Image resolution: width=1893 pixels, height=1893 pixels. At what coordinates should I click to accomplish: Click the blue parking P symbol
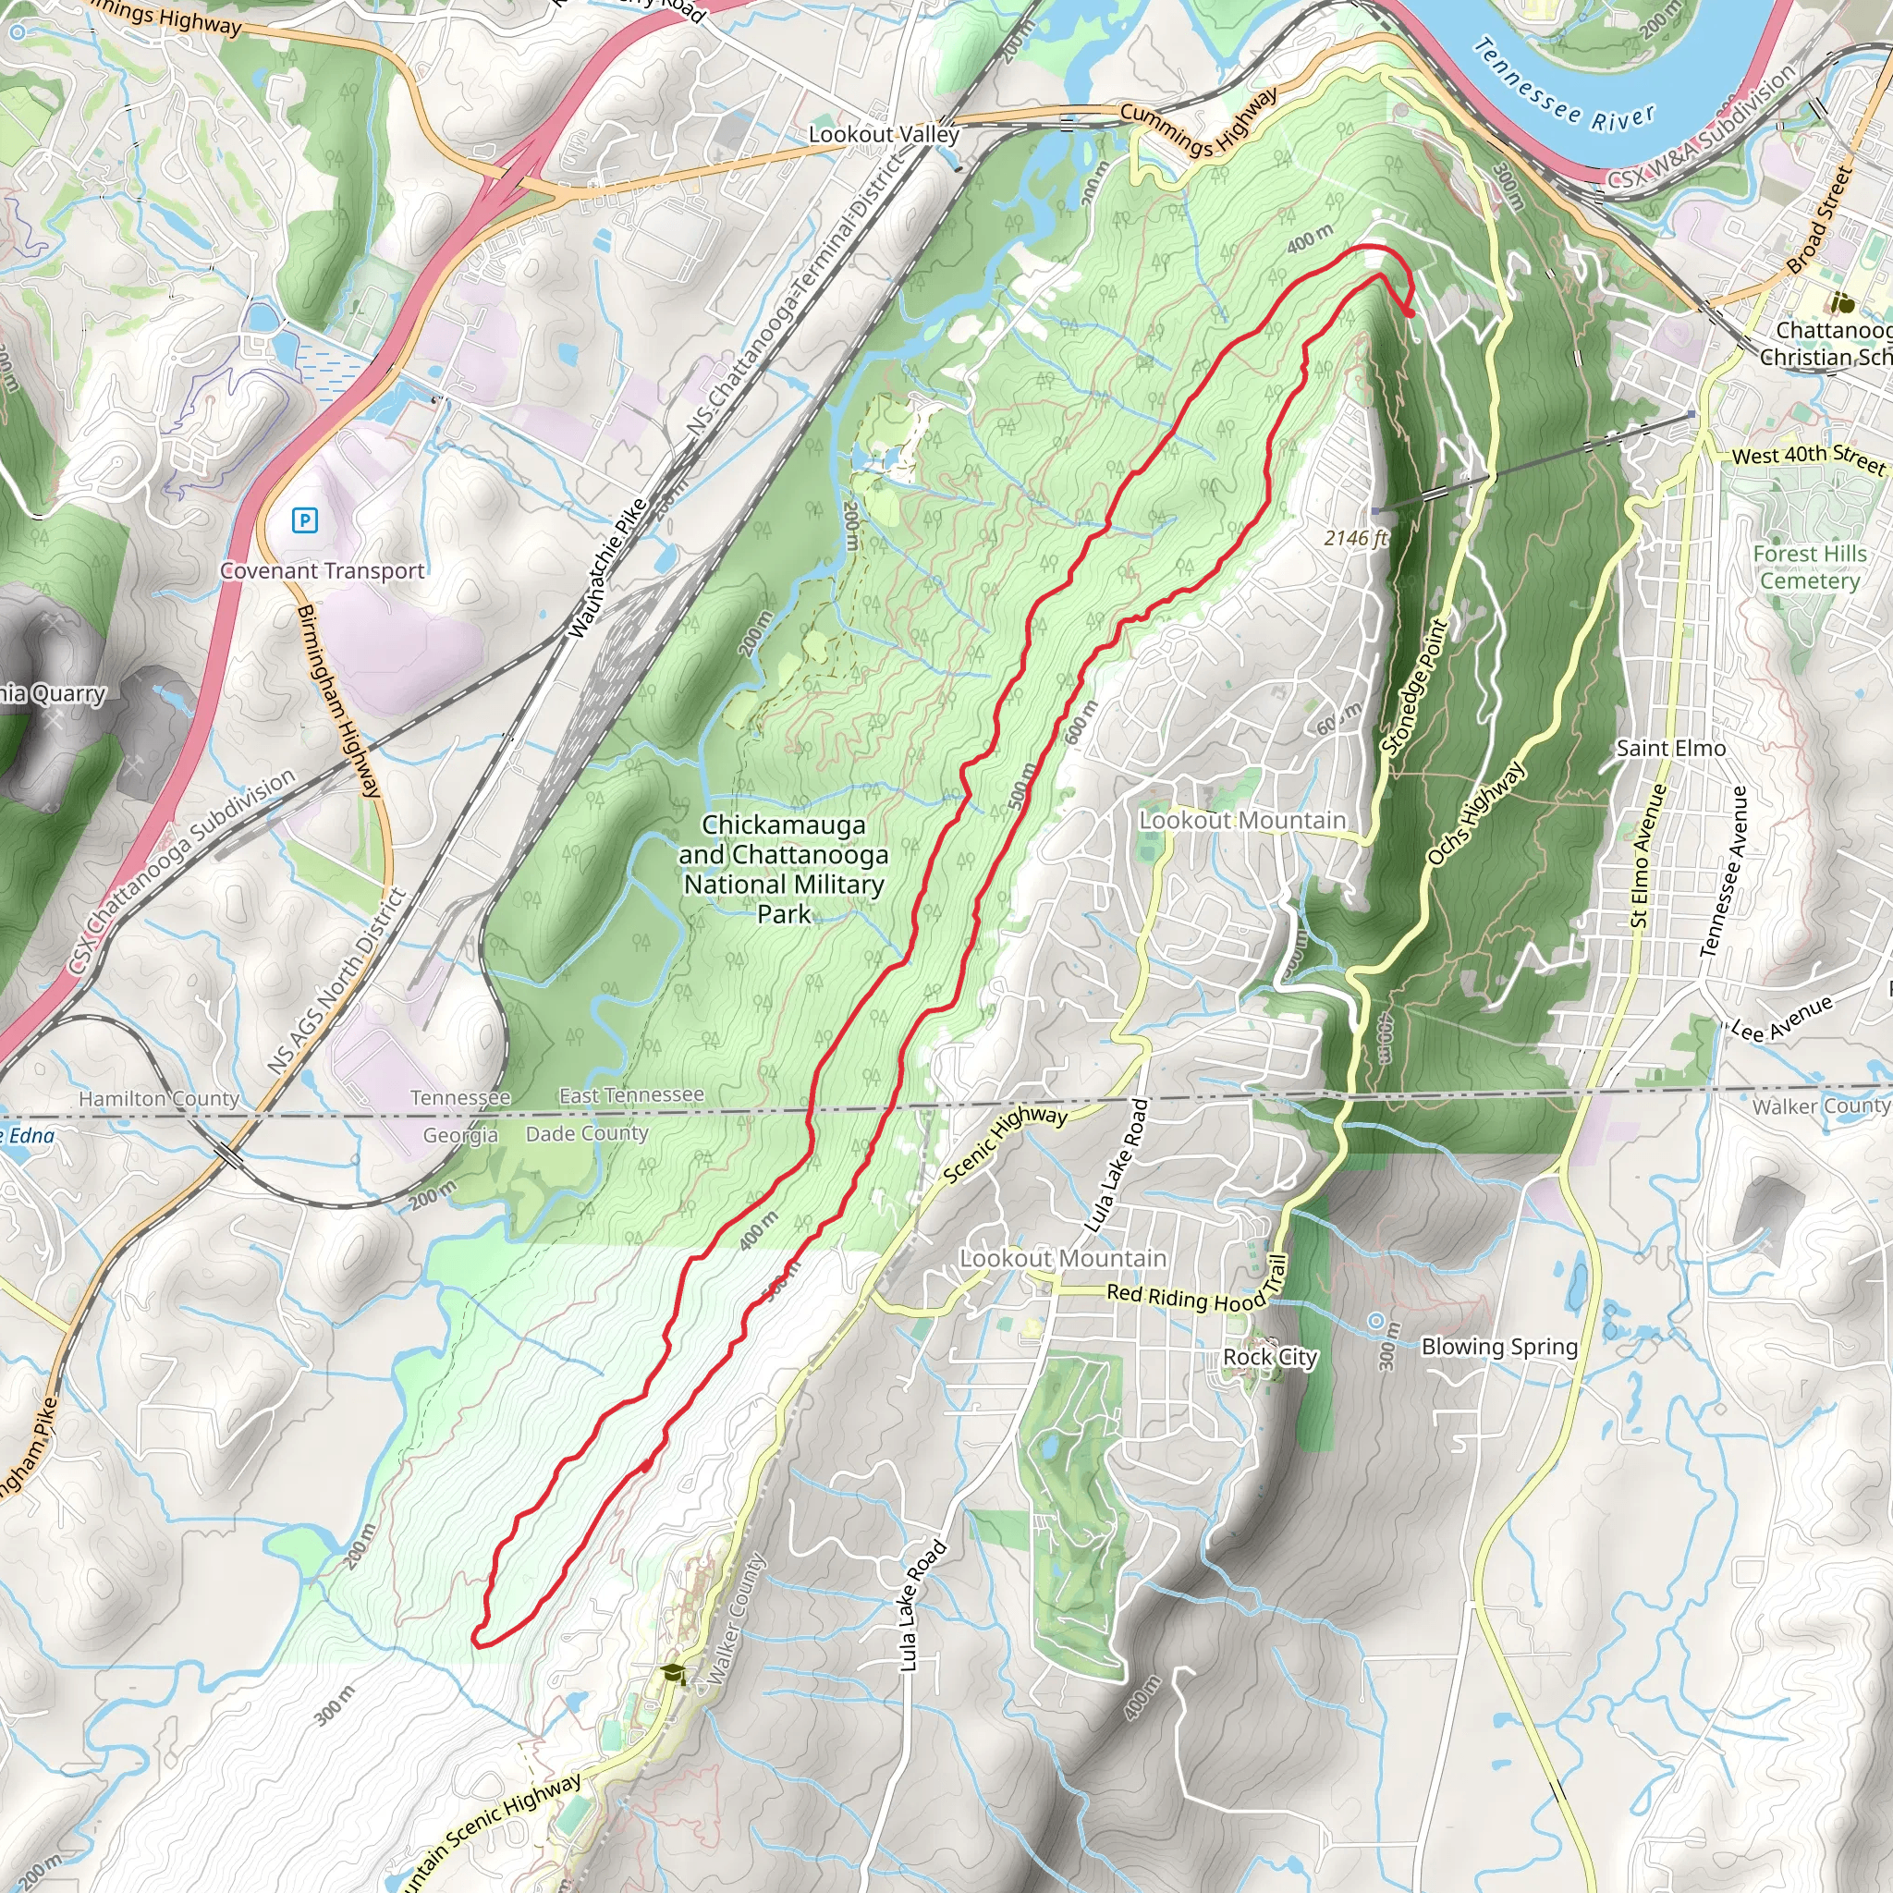[305, 520]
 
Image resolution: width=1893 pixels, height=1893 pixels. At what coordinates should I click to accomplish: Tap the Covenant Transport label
[323, 570]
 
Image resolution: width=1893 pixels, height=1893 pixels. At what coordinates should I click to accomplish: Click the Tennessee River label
[1564, 87]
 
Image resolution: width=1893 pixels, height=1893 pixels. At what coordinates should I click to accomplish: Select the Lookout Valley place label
[883, 134]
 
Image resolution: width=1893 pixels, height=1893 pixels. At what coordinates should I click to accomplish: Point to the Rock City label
[1269, 1357]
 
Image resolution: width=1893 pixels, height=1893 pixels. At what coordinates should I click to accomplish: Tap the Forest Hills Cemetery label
[1809, 568]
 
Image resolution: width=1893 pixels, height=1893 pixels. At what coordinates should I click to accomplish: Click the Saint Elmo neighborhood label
[1670, 749]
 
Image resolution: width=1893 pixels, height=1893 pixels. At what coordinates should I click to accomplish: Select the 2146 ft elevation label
[1355, 538]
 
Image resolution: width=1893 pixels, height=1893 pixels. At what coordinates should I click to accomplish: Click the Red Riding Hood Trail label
[1196, 1293]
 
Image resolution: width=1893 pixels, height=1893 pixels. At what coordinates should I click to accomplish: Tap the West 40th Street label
[1808, 458]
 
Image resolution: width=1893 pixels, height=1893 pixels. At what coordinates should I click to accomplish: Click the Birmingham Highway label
[338, 702]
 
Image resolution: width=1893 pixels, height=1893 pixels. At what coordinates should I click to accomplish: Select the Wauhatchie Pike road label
[607, 568]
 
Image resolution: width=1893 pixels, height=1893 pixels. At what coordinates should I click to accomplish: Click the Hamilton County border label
[159, 1098]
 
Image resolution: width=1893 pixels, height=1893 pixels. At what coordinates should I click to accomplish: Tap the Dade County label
[587, 1133]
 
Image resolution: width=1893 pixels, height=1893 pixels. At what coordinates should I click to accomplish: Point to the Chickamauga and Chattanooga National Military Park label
[784, 869]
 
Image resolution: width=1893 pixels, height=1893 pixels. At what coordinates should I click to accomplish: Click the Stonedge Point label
[1413, 687]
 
